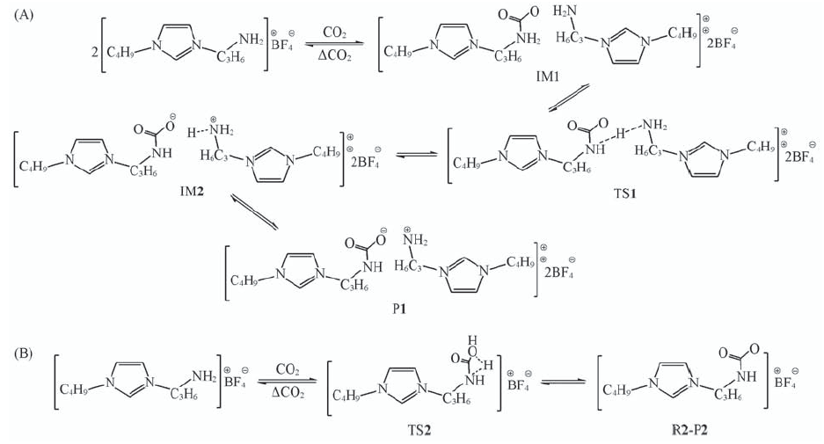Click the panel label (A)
tap(24, 15)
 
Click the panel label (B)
tap(24, 353)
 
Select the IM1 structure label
tap(548, 76)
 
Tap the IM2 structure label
tap(192, 193)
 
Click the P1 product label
tap(399, 309)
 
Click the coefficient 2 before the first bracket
tap(95, 52)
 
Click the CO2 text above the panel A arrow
tap(334, 33)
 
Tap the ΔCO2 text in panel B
tap(288, 392)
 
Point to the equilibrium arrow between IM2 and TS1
tap(416, 155)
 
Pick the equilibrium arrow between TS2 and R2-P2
tap(562, 382)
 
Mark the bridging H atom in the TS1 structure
tap(621, 134)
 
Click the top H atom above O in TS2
tap(472, 340)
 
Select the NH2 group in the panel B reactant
tap(204, 375)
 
